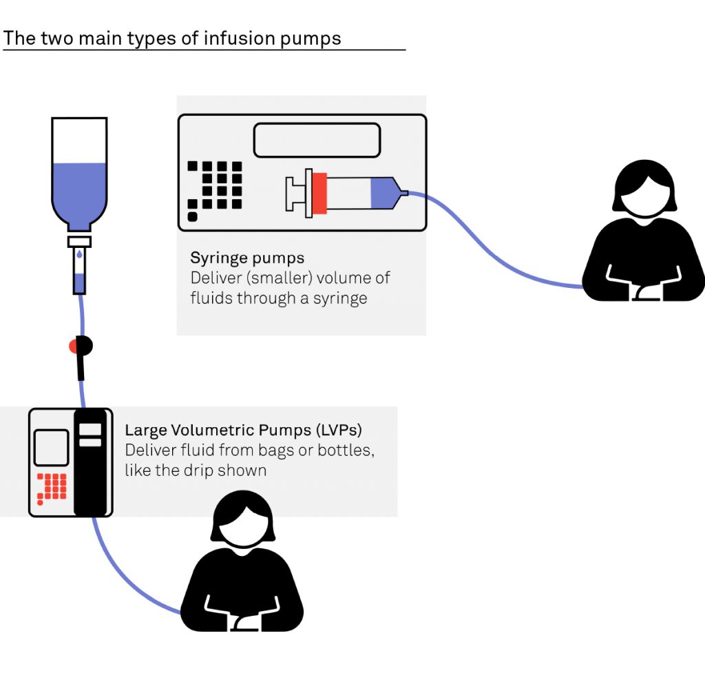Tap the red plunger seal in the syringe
coord(319,193)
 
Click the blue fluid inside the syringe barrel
coord(381,193)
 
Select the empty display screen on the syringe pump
coord(317,140)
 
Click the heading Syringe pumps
coord(247,259)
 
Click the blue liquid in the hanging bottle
coord(79,189)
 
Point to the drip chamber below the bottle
coord(79,269)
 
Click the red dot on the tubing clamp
coord(74,346)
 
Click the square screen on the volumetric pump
coord(51,448)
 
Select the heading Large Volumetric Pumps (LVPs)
coord(243,431)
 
